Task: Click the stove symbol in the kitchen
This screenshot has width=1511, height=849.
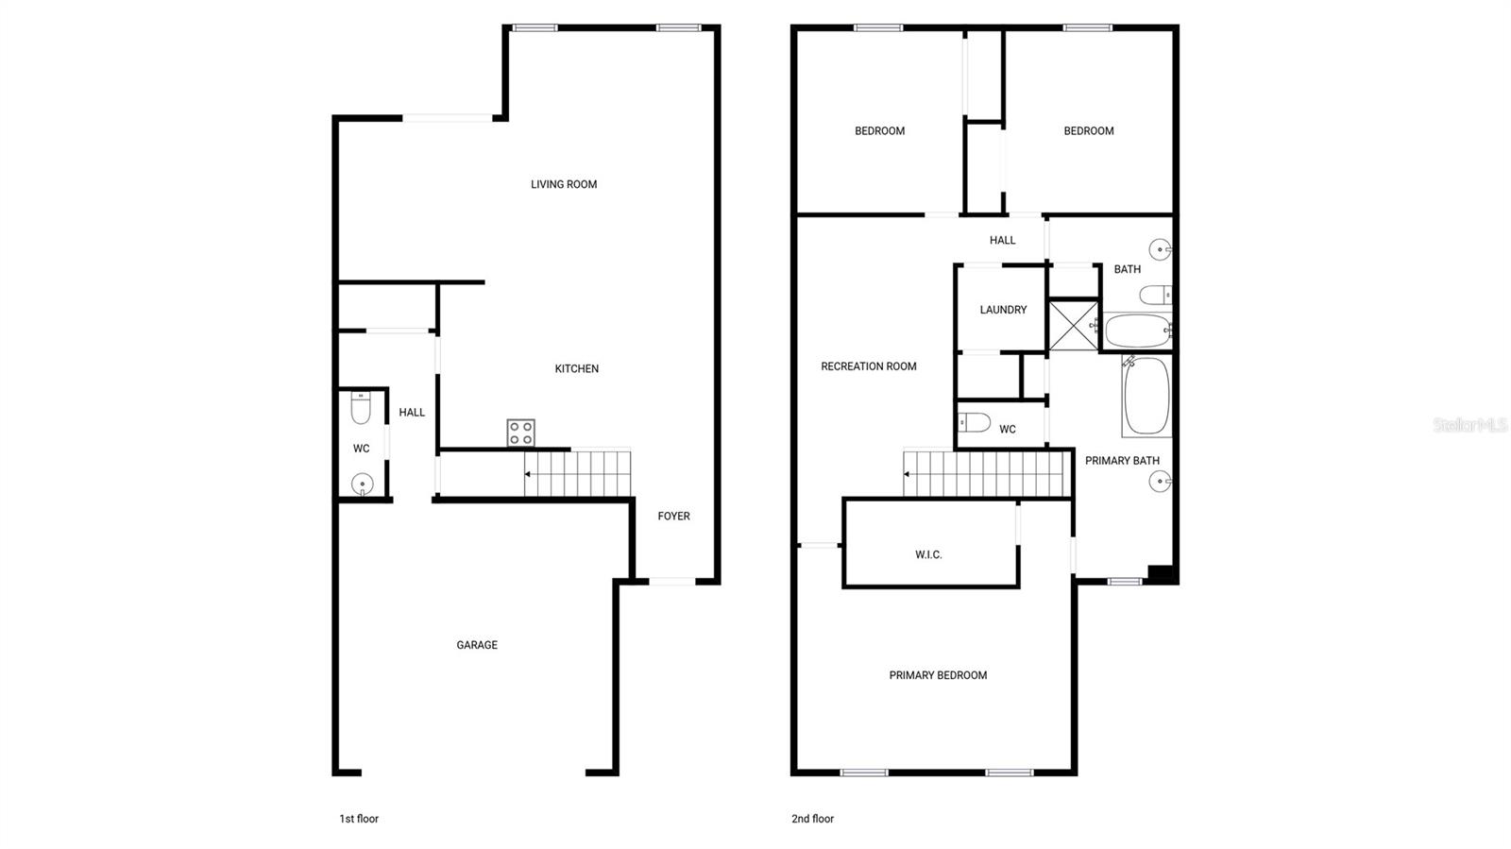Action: pos(521,433)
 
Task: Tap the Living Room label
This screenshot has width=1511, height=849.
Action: pos(564,184)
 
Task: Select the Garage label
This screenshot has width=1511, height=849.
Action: pos(477,645)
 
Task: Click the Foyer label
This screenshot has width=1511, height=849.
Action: pos(674,516)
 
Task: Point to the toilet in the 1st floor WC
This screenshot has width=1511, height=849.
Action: pos(361,408)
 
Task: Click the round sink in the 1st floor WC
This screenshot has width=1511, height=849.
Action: pos(362,484)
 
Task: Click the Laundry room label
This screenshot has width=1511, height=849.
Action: pos(1003,310)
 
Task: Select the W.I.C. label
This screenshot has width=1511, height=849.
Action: pos(928,554)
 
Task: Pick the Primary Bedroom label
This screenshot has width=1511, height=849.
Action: pos(938,675)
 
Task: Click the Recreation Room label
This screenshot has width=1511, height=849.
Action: pos(869,366)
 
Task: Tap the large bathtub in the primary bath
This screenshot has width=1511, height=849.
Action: pos(1146,397)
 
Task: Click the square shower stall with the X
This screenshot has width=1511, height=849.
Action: pos(1074,325)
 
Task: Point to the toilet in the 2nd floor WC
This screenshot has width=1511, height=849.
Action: pos(974,422)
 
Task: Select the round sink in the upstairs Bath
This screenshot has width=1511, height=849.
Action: pos(1160,249)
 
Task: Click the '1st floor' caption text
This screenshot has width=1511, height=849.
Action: pos(359,819)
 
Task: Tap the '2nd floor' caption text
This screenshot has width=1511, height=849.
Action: pos(812,819)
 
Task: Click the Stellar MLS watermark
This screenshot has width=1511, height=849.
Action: pos(1469,425)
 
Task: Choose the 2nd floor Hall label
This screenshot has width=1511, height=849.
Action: pos(1003,240)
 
